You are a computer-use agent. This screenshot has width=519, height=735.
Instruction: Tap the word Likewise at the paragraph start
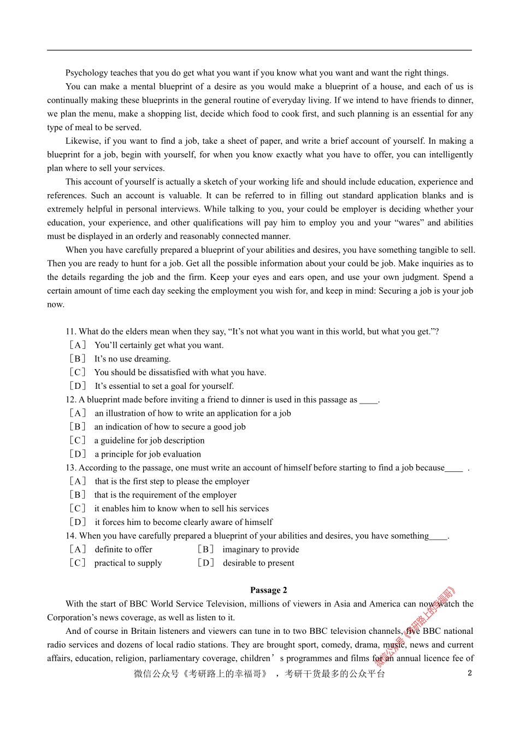pyautogui.click(x=84, y=141)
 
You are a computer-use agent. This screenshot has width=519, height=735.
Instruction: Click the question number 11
pyautogui.click(x=70, y=331)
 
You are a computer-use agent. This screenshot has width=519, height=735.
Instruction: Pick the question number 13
pyautogui.click(x=70, y=468)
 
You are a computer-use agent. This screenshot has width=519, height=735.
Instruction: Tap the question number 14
pyautogui.click(x=70, y=536)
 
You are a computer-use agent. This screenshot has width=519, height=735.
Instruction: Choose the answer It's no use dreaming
pyautogui.click(x=132, y=359)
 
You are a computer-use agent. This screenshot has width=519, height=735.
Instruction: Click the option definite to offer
pyautogui.click(x=123, y=550)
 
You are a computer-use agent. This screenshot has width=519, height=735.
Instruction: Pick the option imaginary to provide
pyautogui.click(x=261, y=550)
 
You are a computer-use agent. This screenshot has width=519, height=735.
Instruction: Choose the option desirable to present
pyautogui.click(x=258, y=563)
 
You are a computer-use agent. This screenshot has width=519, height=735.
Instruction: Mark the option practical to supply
pyautogui.click(x=128, y=563)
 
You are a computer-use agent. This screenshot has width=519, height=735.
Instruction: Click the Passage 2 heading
pyautogui.click(x=268, y=590)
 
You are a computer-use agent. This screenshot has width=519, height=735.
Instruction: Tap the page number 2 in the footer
pyautogui.click(x=469, y=673)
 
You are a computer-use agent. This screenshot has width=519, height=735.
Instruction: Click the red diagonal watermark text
pyautogui.click(x=416, y=626)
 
